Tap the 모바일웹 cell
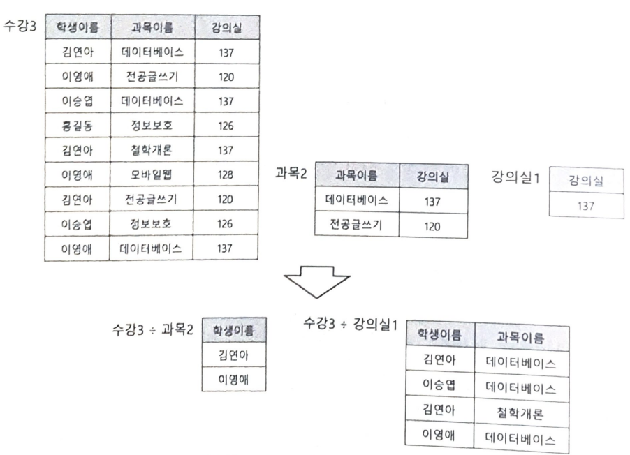pyautogui.click(x=152, y=174)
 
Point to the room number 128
pyautogui.click(x=226, y=174)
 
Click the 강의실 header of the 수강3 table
pyautogui.click(x=226, y=28)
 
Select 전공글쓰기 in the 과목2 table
pyautogui.click(x=357, y=225)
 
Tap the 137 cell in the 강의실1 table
pyautogui.click(x=586, y=206)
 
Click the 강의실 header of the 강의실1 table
pyautogui.click(x=586, y=181)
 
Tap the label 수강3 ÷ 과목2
pyautogui.click(x=152, y=329)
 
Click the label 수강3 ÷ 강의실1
pyautogui.click(x=351, y=325)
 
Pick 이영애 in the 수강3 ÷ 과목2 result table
pyautogui.click(x=233, y=380)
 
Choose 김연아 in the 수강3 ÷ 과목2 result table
pyautogui.click(x=233, y=355)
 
